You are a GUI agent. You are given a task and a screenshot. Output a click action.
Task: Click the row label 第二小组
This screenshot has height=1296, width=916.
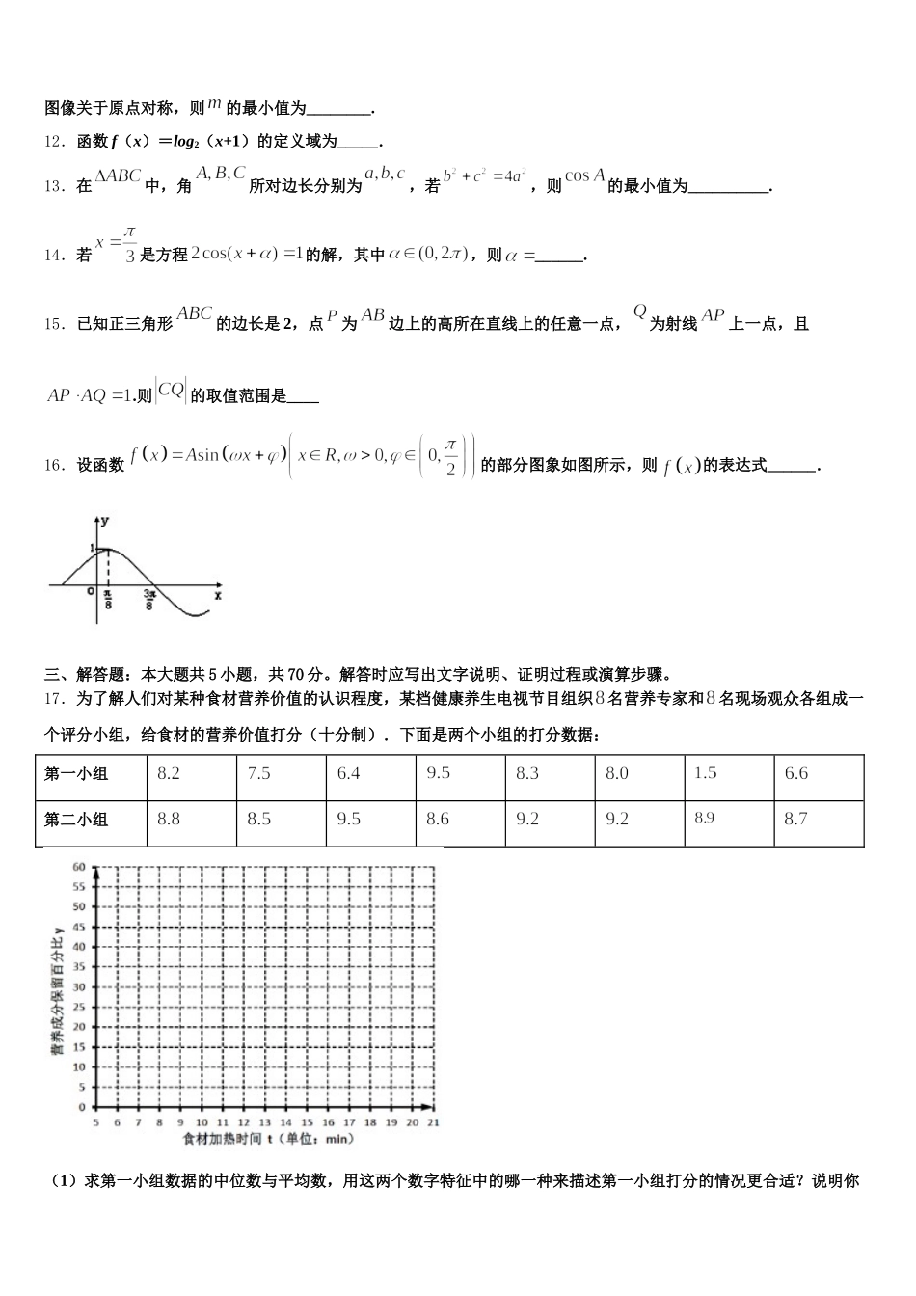(77, 820)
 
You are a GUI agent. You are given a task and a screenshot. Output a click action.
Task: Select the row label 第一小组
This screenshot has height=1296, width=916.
(77, 773)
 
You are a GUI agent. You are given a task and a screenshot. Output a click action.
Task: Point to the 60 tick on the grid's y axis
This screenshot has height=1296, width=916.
(79, 866)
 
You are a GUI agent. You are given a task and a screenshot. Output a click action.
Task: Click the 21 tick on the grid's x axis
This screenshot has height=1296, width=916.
(433, 1123)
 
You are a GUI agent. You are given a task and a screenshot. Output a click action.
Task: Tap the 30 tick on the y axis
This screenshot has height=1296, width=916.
(79, 986)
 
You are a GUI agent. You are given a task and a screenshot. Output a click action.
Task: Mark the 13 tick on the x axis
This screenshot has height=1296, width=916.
(264, 1123)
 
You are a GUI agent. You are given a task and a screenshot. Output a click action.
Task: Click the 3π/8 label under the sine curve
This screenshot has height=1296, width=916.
(150, 601)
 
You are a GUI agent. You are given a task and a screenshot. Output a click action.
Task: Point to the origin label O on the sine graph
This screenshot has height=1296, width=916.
(90, 592)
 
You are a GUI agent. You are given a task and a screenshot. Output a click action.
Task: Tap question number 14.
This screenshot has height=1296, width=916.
(53, 255)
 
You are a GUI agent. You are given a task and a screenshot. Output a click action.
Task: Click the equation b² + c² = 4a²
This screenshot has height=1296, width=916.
(484, 177)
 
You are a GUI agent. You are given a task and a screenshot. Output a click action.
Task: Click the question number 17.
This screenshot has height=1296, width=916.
(53, 699)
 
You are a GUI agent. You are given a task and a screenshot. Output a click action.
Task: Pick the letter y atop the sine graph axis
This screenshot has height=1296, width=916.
(105, 520)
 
